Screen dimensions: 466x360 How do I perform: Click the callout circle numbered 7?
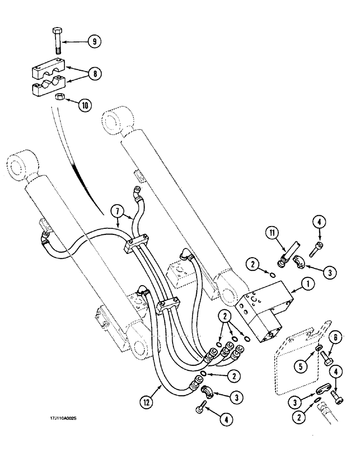click(x=117, y=212)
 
